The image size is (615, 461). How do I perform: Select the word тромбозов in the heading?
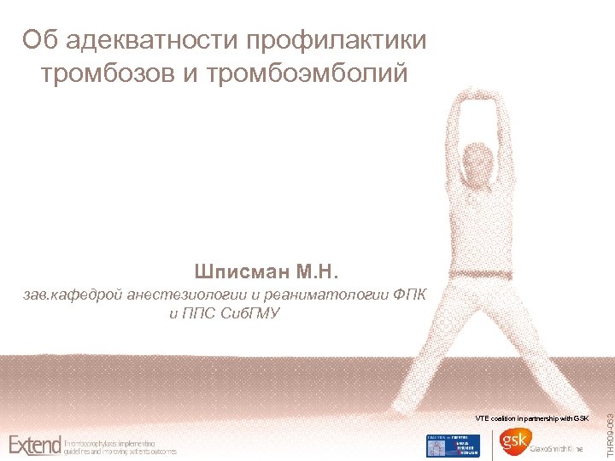coord(107,73)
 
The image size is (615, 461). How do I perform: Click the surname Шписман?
coord(241,273)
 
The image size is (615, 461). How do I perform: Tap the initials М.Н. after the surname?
coord(318,273)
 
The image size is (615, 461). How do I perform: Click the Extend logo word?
coord(35,445)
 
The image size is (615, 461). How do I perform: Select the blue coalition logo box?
coord(453,446)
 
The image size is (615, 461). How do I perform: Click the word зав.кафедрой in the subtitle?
coord(72,295)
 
